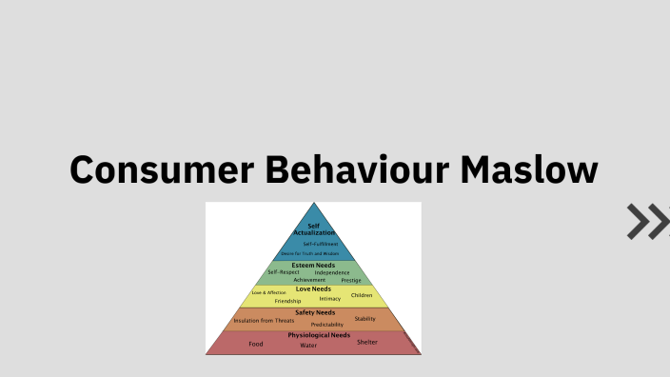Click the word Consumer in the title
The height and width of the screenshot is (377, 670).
pos(160,170)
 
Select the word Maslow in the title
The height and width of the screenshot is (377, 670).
pos(531,170)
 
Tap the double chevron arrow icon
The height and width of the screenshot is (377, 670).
pos(647,221)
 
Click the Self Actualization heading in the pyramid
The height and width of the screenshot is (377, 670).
pos(313,229)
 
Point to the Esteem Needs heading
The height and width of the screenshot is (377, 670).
pos(313,265)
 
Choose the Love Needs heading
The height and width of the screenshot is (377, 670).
pos(313,288)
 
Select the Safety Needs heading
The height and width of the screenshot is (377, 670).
pos(313,312)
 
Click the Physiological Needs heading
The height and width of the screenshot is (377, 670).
pos(319,335)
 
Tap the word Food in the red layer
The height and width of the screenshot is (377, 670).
pos(256,344)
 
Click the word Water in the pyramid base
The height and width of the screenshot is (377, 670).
pos(308,346)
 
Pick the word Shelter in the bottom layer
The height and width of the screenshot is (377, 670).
pos(367,342)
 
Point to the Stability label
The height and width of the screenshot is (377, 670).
pos(365,319)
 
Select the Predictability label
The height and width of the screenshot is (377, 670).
pos(327,325)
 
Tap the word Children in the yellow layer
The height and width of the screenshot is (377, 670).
pos(362,295)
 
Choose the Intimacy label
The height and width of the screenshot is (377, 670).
pos(330,299)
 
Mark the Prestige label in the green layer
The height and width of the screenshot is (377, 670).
pos(351,280)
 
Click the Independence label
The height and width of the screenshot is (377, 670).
pos(332,272)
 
